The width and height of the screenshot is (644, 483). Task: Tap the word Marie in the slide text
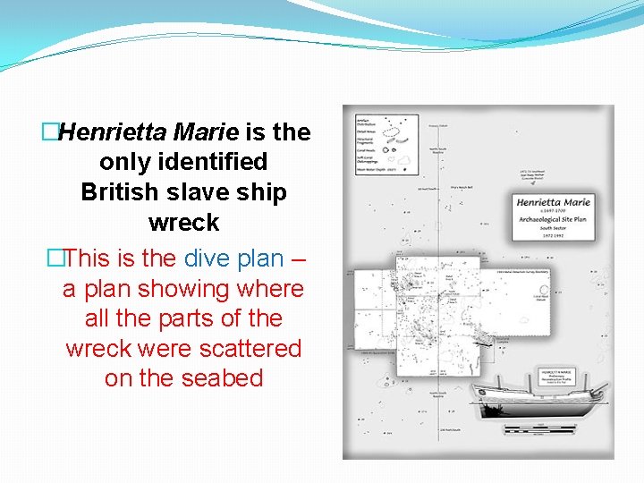pos(207,132)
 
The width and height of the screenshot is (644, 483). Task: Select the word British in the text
pos(120,192)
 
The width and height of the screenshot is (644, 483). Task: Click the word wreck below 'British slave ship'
pos(183,222)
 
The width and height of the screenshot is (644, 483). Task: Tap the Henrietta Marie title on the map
pos(554,203)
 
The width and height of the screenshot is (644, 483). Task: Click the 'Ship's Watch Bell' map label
pos(464,186)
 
